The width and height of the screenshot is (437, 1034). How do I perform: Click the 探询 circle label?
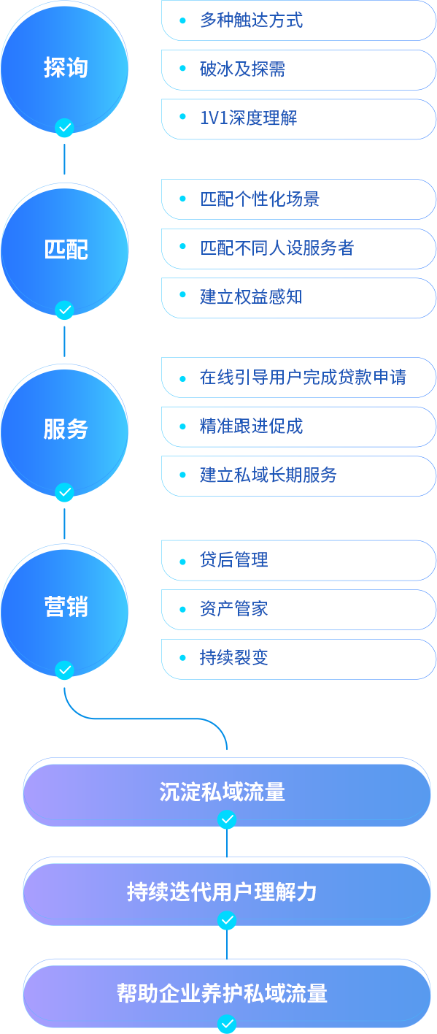tap(66, 67)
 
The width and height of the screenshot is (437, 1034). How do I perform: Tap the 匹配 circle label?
tap(66, 250)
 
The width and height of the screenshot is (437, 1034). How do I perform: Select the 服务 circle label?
tap(66, 429)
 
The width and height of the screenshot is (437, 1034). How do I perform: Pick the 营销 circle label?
tap(66, 606)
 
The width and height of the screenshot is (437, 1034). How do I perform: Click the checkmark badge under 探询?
tap(64, 128)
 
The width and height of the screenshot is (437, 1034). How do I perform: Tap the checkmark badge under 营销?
tap(64, 670)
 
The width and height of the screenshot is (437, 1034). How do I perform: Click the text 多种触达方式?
tap(251, 20)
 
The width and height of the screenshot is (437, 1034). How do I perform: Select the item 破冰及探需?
tap(242, 69)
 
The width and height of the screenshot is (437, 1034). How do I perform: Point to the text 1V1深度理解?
tap(249, 118)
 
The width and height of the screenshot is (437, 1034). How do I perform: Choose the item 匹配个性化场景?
tap(260, 199)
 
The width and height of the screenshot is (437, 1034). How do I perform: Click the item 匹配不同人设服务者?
tap(276, 248)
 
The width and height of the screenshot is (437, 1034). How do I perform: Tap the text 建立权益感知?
tap(251, 296)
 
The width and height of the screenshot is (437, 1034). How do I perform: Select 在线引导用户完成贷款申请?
tap(303, 378)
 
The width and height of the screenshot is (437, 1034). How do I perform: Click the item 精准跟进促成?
tap(251, 426)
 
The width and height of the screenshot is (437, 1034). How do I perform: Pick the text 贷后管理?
tap(233, 560)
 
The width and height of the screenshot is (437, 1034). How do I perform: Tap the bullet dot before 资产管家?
tap(182, 610)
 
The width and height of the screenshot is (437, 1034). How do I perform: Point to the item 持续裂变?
tap(233, 658)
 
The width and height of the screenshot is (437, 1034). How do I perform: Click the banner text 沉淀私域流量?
tap(223, 792)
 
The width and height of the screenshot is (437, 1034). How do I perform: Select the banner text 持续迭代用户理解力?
tap(223, 892)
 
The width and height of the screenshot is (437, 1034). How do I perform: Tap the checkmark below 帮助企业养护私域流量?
tap(227, 1023)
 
